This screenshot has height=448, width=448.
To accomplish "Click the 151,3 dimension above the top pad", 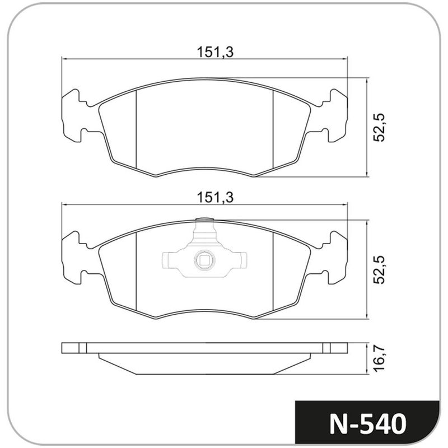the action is point(216,52).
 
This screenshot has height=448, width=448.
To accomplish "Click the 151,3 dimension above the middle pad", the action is point(216,198).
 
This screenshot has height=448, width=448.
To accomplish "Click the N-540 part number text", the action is point(368,424).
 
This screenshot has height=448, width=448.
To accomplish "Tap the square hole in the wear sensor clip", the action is point(204,260).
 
